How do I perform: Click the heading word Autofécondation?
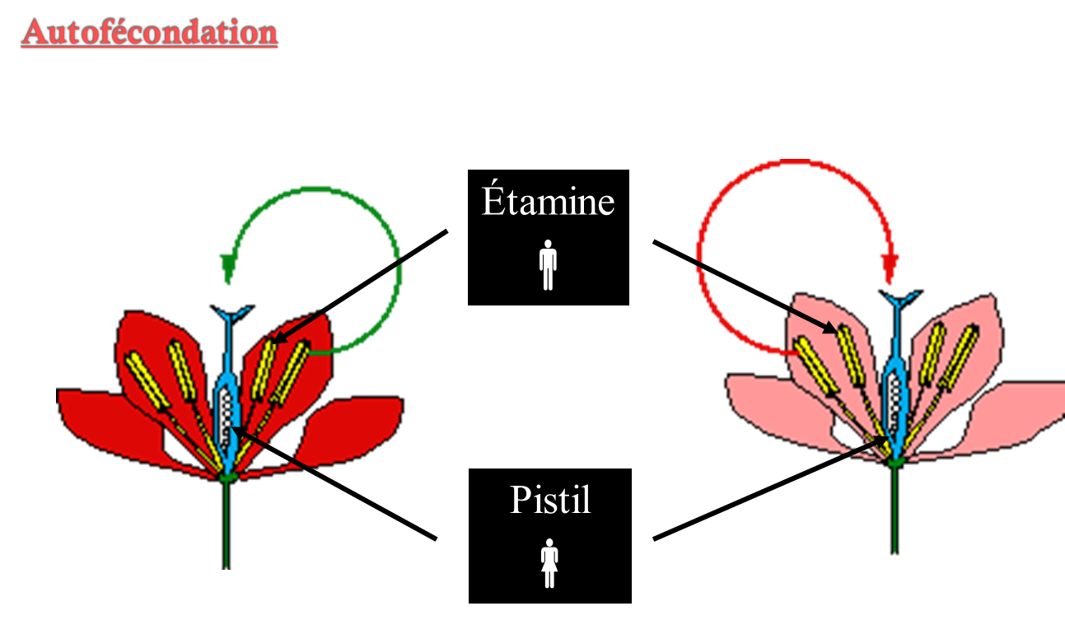coord(150,33)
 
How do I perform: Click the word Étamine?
coord(548,202)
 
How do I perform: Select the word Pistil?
coord(550,500)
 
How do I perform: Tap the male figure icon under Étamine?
coord(548,265)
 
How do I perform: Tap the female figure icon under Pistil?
coord(549,563)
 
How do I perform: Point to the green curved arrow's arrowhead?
coord(227,268)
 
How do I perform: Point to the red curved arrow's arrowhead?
coord(889,268)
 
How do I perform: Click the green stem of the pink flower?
coord(895,510)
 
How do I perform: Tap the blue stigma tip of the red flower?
coord(227,315)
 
